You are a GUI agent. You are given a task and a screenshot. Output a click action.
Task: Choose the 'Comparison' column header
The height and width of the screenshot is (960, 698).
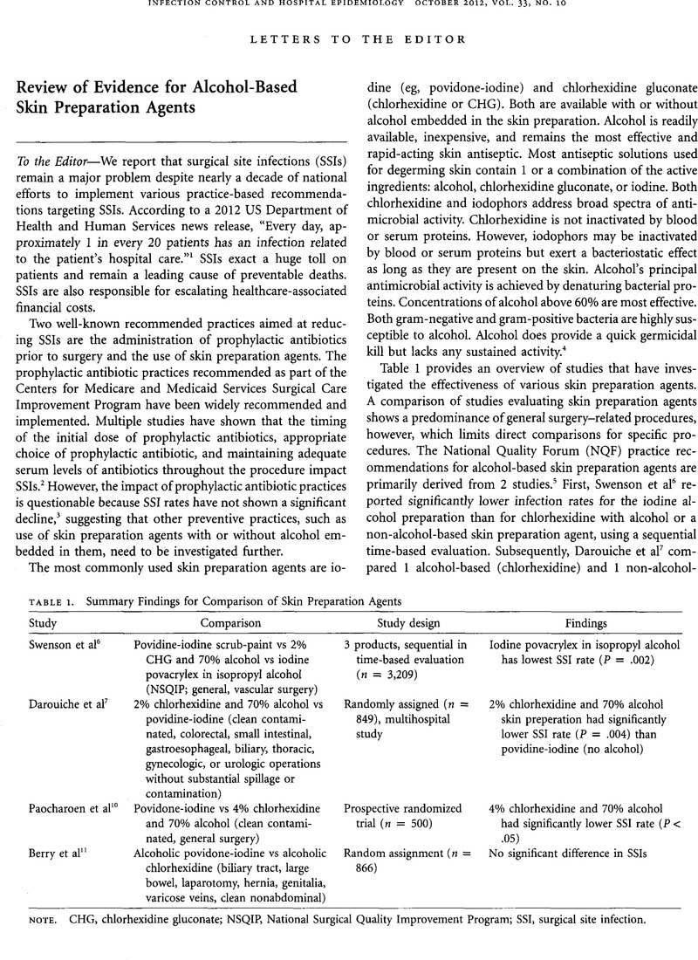point(232,625)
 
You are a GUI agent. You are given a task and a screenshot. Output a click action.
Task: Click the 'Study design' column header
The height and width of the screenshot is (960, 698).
point(407,625)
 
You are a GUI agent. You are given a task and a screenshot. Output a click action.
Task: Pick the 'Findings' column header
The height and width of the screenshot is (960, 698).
point(585,625)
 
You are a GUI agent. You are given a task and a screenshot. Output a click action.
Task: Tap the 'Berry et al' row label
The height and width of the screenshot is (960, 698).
point(53,851)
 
